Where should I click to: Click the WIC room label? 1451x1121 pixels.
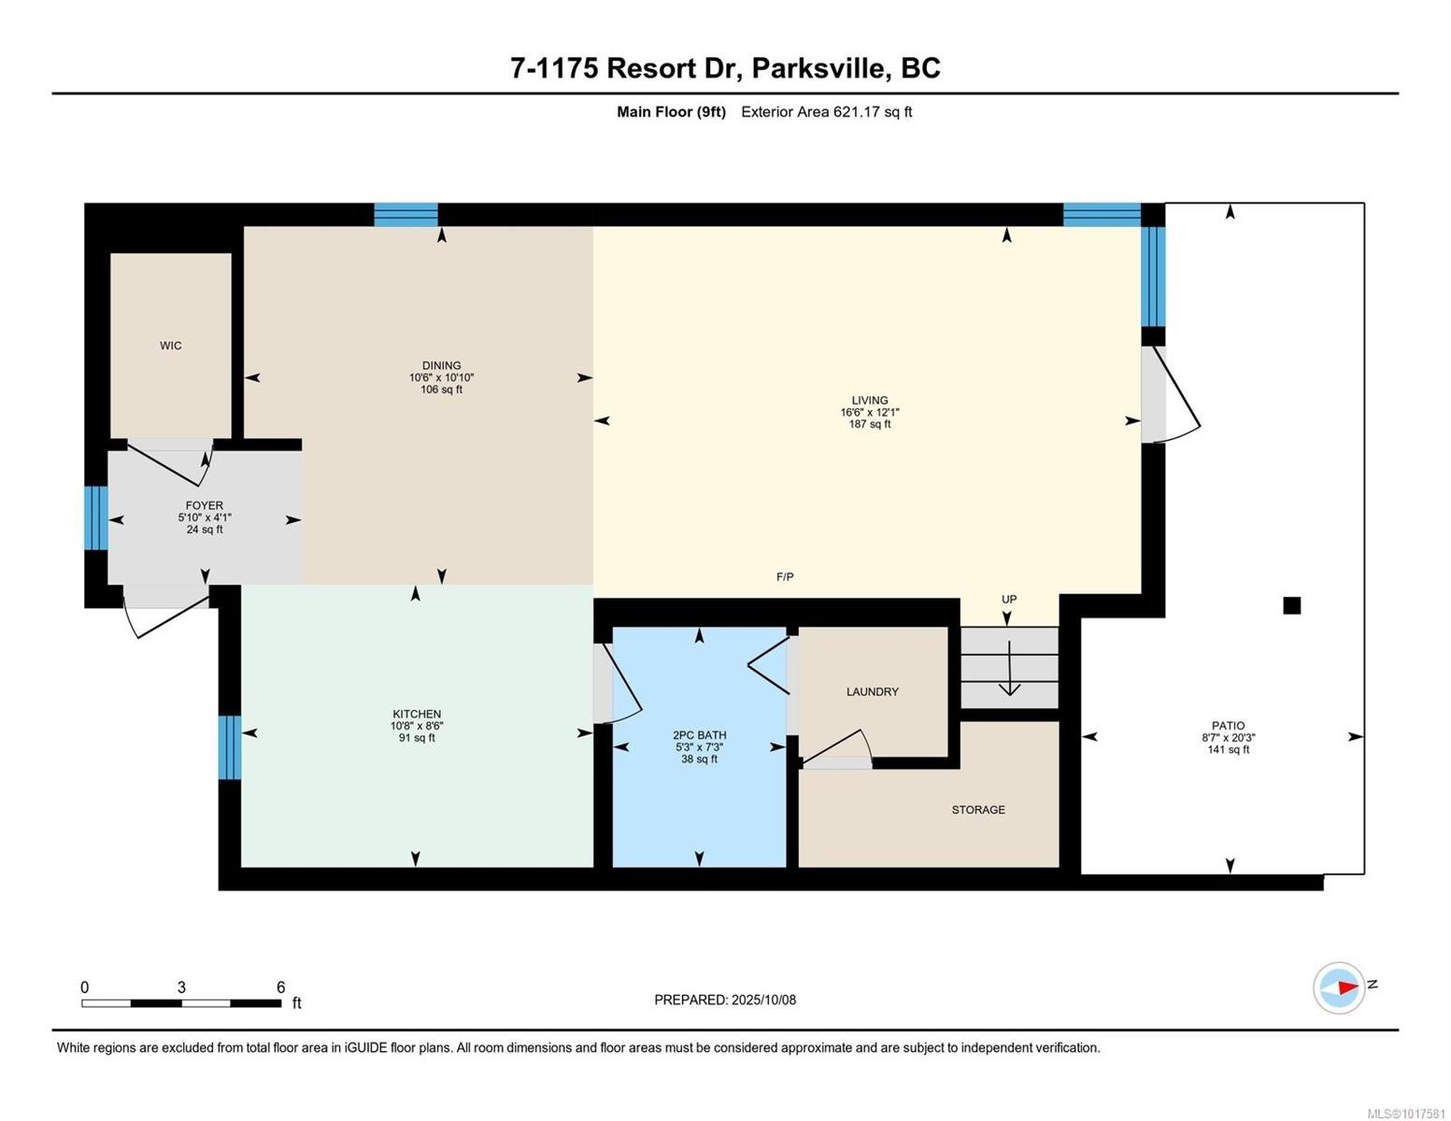click(170, 346)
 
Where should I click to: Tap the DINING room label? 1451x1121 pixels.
click(441, 365)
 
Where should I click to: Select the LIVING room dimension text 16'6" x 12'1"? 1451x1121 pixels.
click(869, 412)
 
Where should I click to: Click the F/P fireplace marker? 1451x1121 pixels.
click(785, 577)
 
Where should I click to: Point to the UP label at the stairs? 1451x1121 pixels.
click(1009, 600)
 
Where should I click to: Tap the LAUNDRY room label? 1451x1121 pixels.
click(872, 692)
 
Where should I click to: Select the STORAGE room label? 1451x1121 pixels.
click(978, 810)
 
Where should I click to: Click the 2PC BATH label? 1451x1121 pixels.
click(699, 735)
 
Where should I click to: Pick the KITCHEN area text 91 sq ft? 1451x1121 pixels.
click(417, 738)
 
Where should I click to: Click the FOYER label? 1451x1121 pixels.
click(204, 505)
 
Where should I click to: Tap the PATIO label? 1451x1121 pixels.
click(1228, 725)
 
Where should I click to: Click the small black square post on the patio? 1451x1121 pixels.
click(1291, 605)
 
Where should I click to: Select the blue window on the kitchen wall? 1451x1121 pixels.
click(230, 747)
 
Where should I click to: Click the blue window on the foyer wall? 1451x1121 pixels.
click(96, 518)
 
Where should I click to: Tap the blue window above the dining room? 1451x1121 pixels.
click(405, 215)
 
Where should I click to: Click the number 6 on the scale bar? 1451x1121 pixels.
click(280, 987)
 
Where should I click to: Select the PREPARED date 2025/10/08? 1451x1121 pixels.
click(763, 1000)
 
